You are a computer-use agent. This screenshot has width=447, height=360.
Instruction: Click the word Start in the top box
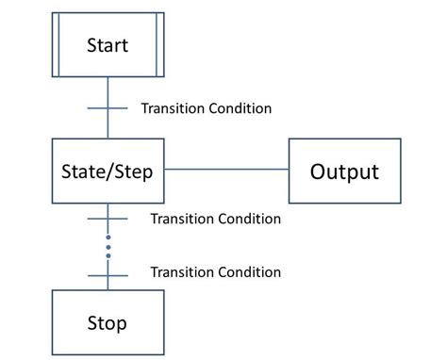tap(108, 44)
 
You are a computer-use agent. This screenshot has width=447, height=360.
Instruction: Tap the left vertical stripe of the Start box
tap(58, 44)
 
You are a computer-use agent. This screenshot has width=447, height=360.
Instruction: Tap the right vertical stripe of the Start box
tap(157, 44)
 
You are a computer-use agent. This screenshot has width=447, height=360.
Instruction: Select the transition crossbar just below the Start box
tap(108, 108)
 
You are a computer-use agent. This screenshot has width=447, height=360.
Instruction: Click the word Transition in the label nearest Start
tap(173, 108)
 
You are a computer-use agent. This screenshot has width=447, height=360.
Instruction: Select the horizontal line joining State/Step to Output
tap(226, 171)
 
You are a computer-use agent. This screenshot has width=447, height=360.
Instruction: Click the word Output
tap(344, 172)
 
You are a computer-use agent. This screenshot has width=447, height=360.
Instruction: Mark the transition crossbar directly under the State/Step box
tap(108, 219)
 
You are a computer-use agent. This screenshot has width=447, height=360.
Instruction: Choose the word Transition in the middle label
tap(182, 219)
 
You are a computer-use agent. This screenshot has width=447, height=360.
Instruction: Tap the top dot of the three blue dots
tap(108, 237)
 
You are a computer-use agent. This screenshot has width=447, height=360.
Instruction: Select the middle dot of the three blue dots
tap(108, 246)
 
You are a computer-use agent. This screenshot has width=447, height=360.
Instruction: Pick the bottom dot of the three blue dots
tap(108, 255)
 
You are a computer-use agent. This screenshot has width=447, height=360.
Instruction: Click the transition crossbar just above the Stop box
tap(108, 273)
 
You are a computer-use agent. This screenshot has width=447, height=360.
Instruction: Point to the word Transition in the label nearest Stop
tap(182, 272)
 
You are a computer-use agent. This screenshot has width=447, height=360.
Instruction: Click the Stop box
tap(108, 323)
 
